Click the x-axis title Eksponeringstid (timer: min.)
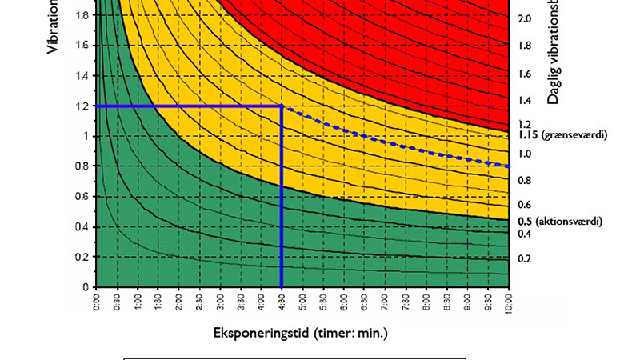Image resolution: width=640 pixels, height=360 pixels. pos(301,332)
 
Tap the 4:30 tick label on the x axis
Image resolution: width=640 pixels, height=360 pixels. pos(282,303)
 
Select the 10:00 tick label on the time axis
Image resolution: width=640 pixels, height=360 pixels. pos(510,303)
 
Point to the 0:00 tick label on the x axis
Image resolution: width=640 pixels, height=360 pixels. pos(97,303)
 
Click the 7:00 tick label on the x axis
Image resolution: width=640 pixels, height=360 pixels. pos(386,303)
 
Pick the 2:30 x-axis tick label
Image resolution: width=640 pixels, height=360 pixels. pos(200,303)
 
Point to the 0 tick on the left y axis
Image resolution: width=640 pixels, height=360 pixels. pos(85,286)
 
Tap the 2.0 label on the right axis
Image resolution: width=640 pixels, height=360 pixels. pos(526,18)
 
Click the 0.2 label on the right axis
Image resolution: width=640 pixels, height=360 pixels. pos(526,258)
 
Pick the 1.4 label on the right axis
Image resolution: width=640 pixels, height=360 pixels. pos(526,100)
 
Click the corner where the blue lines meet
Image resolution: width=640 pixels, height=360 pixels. pos(282,106)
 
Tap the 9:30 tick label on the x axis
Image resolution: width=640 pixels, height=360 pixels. pos(489,303)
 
